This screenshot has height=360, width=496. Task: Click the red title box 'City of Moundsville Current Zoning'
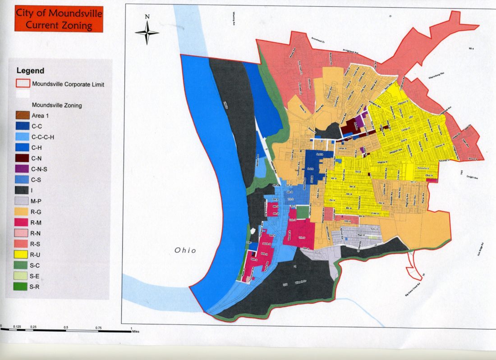[59, 19]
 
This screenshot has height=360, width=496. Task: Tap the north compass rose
[147, 32]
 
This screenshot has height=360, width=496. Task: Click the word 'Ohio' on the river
[185, 250]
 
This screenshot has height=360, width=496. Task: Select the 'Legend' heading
[30, 71]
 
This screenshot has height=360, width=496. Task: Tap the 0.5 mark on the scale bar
[66, 327]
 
